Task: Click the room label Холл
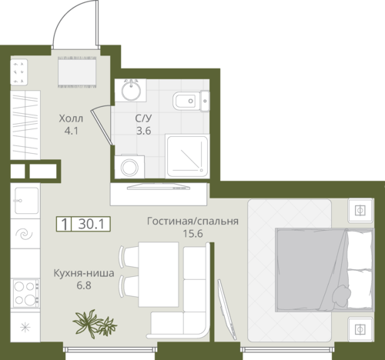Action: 71,118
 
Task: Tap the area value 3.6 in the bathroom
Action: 143,131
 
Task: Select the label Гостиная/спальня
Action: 192,221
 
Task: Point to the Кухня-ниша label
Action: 84,273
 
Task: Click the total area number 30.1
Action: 92,225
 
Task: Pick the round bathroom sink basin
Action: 131,90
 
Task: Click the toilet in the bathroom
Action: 192,101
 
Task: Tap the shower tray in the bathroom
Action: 187,156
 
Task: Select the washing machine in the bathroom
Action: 129,166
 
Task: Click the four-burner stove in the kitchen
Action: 25,293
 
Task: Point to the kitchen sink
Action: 26,201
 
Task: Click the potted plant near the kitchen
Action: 94,324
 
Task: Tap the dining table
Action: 159,274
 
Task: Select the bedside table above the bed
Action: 360,210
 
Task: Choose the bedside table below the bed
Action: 360,329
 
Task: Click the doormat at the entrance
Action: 77,72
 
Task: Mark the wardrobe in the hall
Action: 25,125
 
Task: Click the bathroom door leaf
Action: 102,128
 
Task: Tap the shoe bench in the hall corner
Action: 18,72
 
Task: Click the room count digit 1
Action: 65,225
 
